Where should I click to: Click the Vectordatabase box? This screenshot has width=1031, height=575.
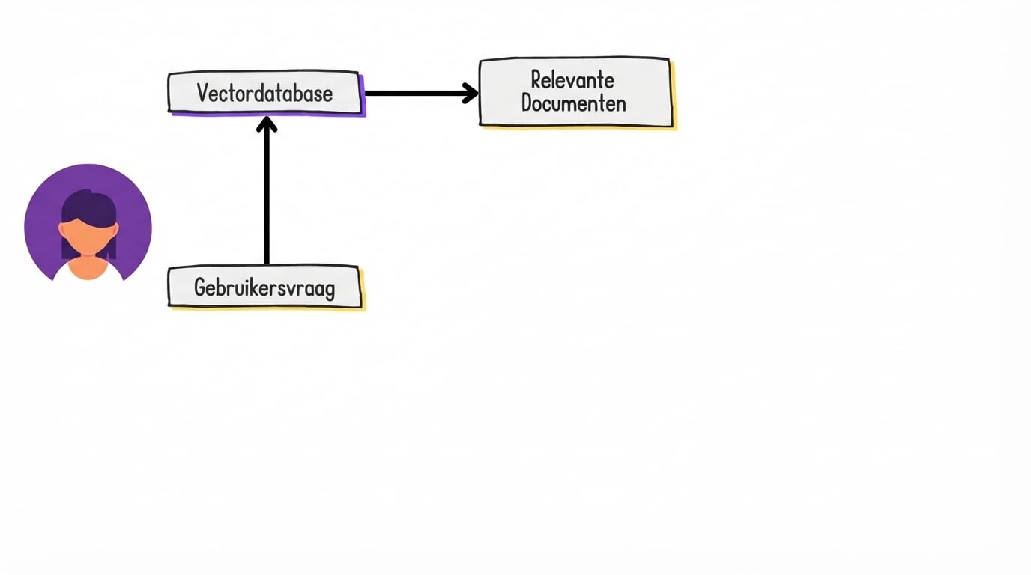(x=264, y=92)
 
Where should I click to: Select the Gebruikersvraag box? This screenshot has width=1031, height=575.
(x=264, y=287)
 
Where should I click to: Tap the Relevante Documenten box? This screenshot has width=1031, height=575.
(x=575, y=91)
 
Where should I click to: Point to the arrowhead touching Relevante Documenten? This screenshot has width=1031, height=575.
(x=471, y=93)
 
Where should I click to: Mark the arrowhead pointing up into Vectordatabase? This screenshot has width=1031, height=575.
(x=267, y=124)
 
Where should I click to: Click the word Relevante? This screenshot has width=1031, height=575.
(x=572, y=79)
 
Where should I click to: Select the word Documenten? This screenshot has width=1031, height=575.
(x=574, y=103)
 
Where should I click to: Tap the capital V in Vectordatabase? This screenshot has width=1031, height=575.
(x=203, y=93)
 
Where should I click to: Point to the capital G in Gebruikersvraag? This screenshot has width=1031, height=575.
(x=201, y=287)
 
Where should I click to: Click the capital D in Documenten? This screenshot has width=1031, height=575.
(x=527, y=103)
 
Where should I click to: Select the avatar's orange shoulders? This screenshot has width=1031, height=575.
(x=88, y=270)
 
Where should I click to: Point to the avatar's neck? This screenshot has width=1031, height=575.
(x=88, y=257)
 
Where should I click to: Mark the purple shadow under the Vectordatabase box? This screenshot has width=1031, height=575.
(x=270, y=115)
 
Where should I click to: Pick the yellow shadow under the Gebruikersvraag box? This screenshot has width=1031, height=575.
(x=270, y=308)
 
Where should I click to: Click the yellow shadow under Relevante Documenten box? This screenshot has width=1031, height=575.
(x=581, y=128)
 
